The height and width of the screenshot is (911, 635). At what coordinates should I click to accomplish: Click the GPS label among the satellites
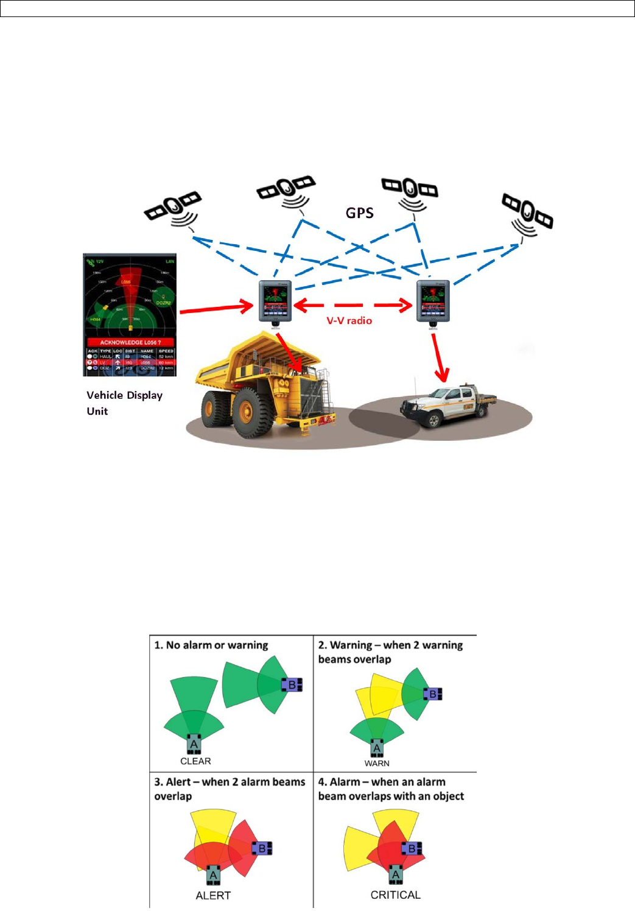[359, 213]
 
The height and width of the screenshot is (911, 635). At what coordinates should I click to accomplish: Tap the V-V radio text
[349, 321]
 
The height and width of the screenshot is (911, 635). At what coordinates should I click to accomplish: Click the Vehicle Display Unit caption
[124, 403]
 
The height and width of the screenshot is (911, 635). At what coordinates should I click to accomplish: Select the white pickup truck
[447, 404]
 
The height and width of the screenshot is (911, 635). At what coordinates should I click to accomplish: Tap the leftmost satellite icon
[172, 207]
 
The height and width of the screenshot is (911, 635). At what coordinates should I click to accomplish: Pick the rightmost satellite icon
[527, 213]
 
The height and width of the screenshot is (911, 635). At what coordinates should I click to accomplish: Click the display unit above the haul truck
[275, 301]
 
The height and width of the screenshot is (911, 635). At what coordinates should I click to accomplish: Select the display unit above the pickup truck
[433, 301]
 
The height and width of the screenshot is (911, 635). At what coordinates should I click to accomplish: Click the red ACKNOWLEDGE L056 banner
[130, 342]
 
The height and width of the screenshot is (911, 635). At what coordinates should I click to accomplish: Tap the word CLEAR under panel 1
[195, 761]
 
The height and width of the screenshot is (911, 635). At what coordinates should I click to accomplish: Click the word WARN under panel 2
[377, 763]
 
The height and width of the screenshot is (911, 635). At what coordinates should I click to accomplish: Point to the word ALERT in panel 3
[213, 895]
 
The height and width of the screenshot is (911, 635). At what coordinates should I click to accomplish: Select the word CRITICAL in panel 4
[395, 895]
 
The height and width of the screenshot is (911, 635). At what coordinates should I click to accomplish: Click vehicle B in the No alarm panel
[292, 684]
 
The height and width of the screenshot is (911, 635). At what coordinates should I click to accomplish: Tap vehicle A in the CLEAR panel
[194, 745]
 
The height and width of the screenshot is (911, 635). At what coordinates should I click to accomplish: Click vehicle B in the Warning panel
[433, 694]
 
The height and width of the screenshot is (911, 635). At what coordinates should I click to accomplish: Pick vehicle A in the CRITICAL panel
[396, 875]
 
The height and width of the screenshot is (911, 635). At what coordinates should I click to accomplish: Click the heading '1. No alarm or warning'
[211, 645]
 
